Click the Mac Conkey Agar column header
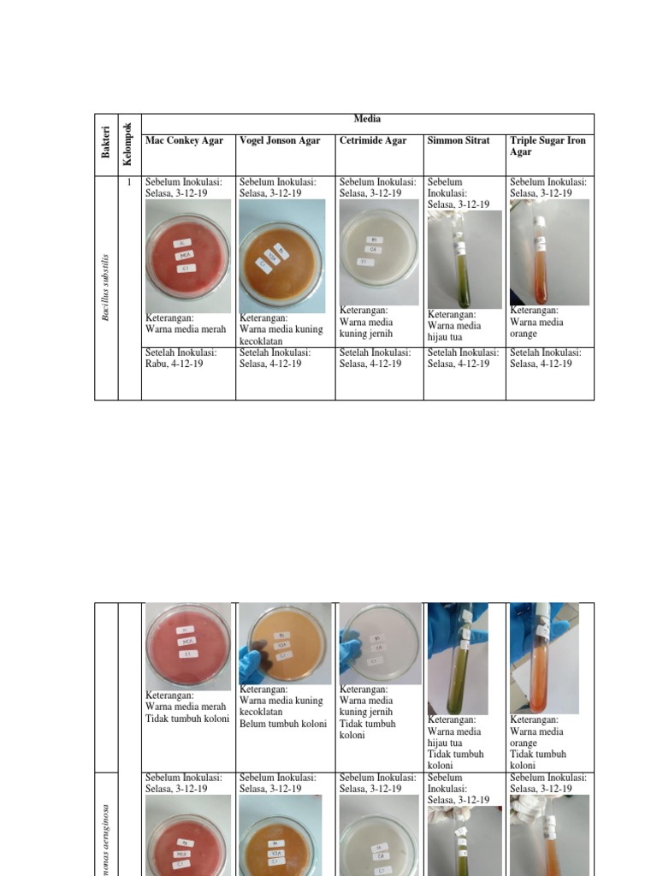click(x=184, y=140)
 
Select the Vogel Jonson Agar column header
click(x=280, y=140)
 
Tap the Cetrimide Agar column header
click(x=373, y=140)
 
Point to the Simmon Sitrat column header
click(x=459, y=140)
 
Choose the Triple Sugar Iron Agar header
click(x=547, y=145)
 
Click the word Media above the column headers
click(x=367, y=119)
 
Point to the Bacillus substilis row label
click(x=106, y=287)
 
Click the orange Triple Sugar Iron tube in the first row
click(x=540, y=257)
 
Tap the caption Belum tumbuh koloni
click(x=283, y=724)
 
